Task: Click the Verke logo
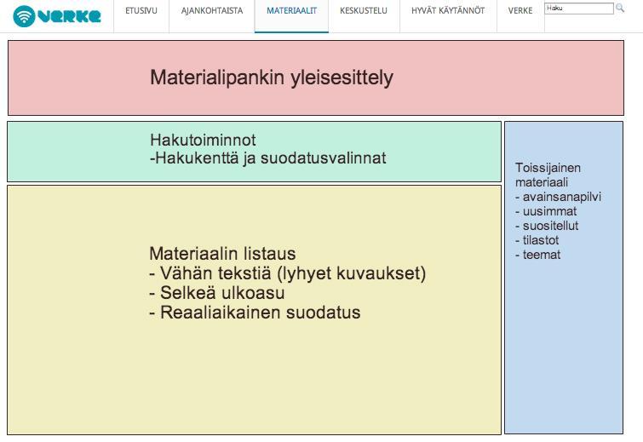click(x=56, y=16)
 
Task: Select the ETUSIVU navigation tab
click(x=141, y=11)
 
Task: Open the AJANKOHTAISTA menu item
click(x=212, y=11)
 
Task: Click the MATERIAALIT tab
click(x=291, y=11)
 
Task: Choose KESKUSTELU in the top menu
click(x=364, y=11)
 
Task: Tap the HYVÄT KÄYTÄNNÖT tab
click(x=448, y=11)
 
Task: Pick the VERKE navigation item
click(x=520, y=11)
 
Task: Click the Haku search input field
click(x=579, y=9)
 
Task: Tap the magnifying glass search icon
click(x=620, y=8)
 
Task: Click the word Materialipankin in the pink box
click(x=217, y=77)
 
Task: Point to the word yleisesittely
click(x=342, y=77)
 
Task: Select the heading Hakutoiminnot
click(x=203, y=140)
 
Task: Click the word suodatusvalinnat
click(x=323, y=158)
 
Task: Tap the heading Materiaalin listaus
click(x=222, y=254)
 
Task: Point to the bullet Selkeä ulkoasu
click(x=217, y=293)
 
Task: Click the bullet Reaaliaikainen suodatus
click(x=255, y=313)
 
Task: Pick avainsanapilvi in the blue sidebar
click(x=558, y=197)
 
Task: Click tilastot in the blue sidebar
click(x=537, y=240)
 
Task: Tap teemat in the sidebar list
click(x=538, y=255)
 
